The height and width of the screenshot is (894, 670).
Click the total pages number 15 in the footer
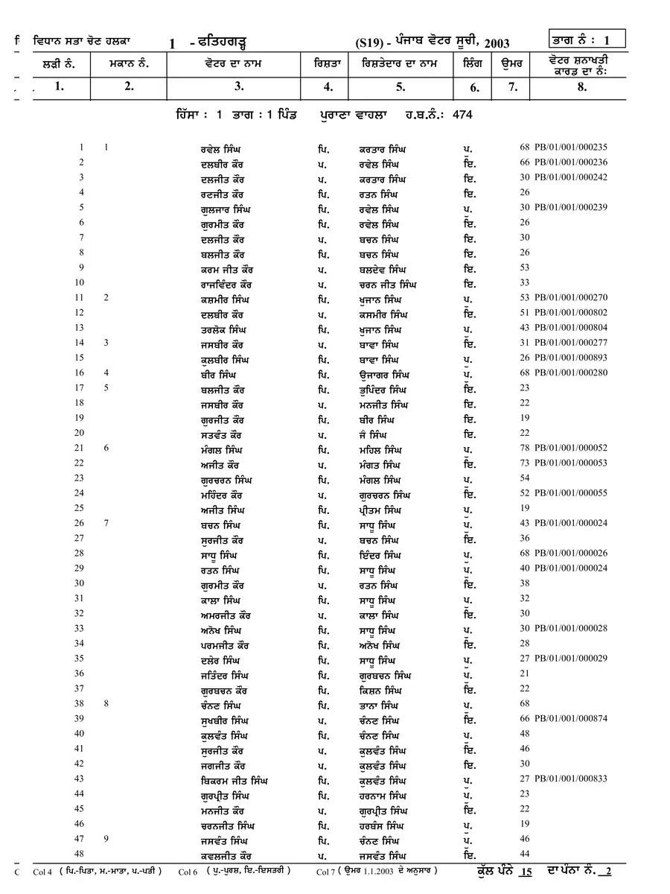[526, 870]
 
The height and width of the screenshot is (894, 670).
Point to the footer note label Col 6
[188, 871]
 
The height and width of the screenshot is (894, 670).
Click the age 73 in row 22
[525, 463]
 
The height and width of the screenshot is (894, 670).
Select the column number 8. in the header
[582, 86]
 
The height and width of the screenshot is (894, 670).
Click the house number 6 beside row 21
[106, 448]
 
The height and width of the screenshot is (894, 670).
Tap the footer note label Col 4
[43, 871]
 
